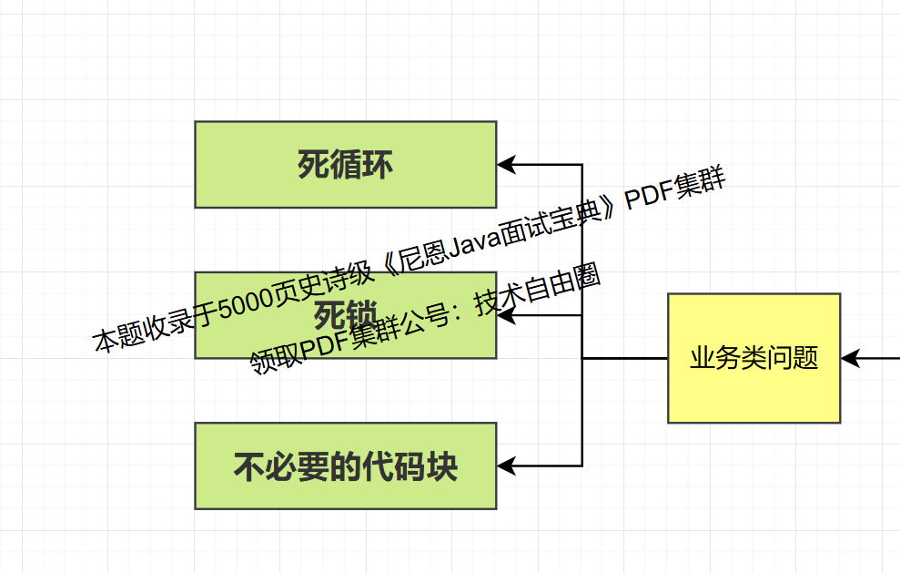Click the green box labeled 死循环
click(346, 164)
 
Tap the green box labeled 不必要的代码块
click(346, 466)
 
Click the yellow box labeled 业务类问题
click(753, 358)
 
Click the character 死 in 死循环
click(313, 165)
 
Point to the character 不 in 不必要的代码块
click(249, 466)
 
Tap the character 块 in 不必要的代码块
click(442, 466)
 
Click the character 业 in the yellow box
click(702, 358)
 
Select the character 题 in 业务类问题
click(806, 358)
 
